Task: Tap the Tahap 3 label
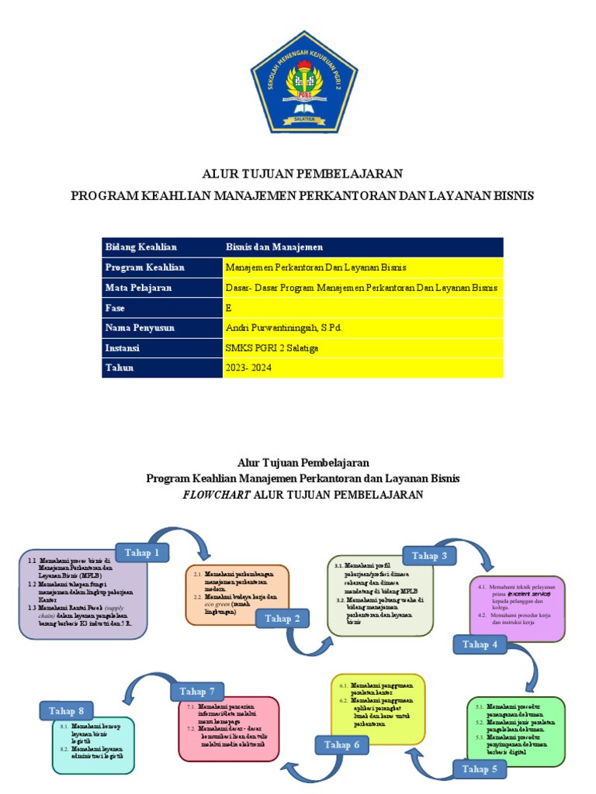pos(428,555)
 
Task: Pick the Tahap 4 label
pos(480,644)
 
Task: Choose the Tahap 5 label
pos(480,768)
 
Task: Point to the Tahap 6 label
pos(341,745)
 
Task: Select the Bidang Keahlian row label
pos(140,247)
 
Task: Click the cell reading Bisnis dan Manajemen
pos(273,247)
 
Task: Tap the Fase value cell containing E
pos(228,308)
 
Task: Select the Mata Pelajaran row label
pos(138,288)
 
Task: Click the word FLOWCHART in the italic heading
pos(217,495)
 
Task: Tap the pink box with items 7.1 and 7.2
pos(228,728)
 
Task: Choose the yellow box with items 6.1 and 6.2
pos(378,708)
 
